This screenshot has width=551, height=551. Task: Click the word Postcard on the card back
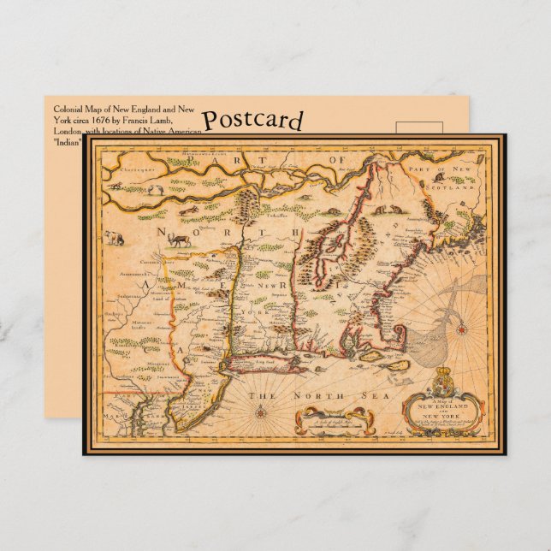[x=252, y=121]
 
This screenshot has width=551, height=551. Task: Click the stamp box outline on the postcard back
[x=419, y=128]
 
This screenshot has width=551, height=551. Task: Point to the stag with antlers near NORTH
[x=180, y=241]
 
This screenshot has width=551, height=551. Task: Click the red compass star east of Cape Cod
[x=460, y=329]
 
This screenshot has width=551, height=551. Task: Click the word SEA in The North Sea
[x=341, y=395]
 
